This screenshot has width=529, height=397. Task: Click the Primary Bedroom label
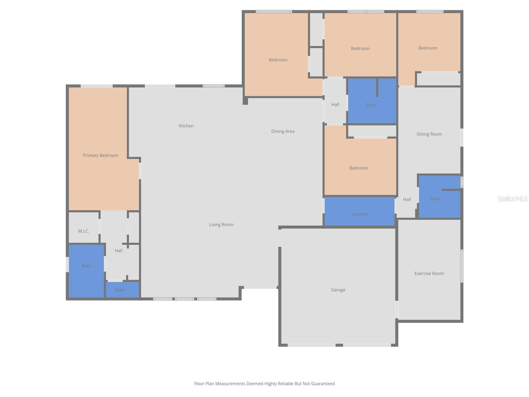pyautogui.click(x=101, y=155)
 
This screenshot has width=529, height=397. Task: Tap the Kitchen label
pyautogui.click(x=186, y=126)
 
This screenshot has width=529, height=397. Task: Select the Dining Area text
pyautogui.click(x=283, y=131)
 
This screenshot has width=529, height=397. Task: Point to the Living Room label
pyautogui.click(x=221, y=225)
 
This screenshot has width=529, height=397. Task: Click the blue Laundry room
pyautogui.click(x=359, y=212)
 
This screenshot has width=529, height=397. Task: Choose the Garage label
pyautogui.click(x=338, y=290)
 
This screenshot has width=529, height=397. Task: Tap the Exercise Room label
pyautogui.click(x=429, y=273)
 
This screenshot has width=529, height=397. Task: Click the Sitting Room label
pyautogui.click(x=429, y=134)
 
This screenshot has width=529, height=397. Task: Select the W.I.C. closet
pyautogui.click(x=84, y=231)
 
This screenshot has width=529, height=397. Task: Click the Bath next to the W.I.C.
pyautogui.click(x=86, y=266)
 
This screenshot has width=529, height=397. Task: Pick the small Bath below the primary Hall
pyautogui.click(x=120, y=290)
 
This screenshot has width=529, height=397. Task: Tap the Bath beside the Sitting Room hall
pyautogui.click(x=435, y=199)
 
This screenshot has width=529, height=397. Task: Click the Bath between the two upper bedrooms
pyautogui.click(x=371, y=105)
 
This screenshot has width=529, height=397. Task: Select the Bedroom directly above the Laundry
pyautogui.click(x=359, y=168)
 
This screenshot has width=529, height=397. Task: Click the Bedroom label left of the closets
pyautogui.click(x=278, y=60)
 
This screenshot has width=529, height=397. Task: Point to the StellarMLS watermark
pyautogui.click(x=512, y=198)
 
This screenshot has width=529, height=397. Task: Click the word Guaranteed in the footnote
pyautogui.click(x=323, y=384)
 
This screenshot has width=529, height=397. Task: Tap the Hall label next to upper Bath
pyautogui.click(x=335, y=105)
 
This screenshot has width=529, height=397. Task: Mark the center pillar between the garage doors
pyautogui.click(x=339, y=345)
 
